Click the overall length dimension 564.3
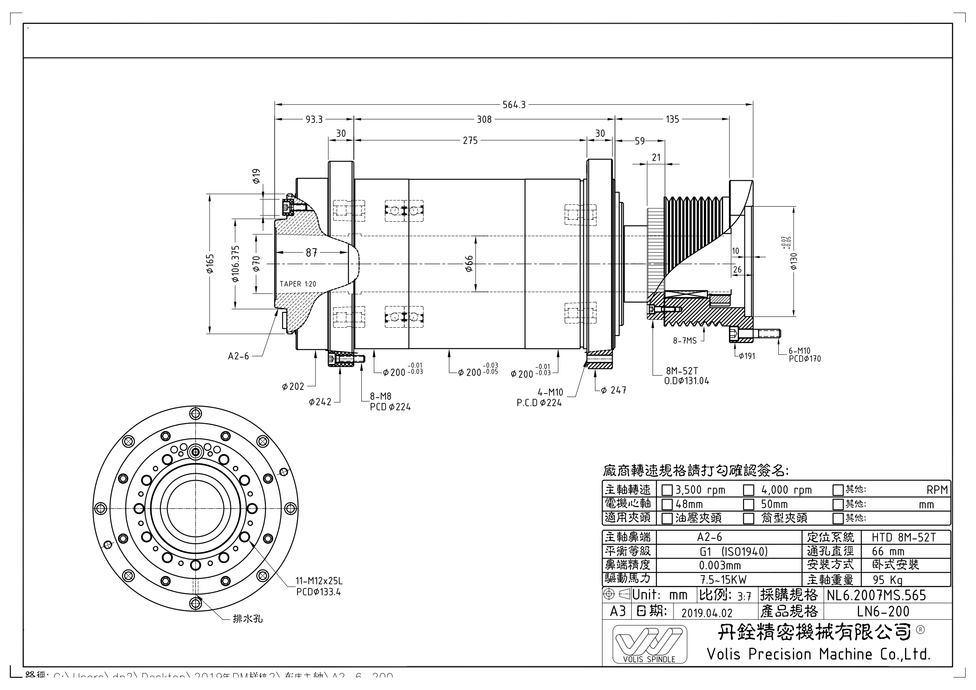tap(514, 105)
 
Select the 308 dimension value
tap(484, 119)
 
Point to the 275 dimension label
tap(470, 141)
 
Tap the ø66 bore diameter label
tap(469, 264)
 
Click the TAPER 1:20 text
tap(298, 284)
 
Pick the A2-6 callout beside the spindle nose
tap(239, 356)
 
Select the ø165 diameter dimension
tap(210, 263)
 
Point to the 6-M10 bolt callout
tap(799, 351)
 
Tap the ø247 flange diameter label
tap(613, 390)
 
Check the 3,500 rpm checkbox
tap(667, 490)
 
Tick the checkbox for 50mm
tap(748, 505)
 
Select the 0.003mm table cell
tap(720, 566)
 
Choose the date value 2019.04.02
tap(707, 613)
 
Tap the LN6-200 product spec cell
tap(883, 612)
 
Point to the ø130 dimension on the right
tap(794, 261)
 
